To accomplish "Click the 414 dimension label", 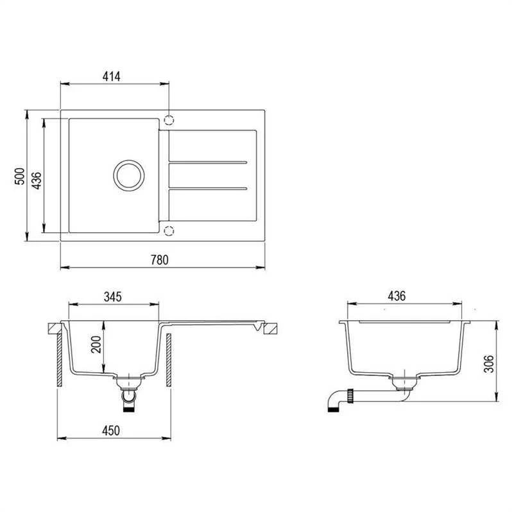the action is (112, 76).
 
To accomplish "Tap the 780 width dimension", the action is (160, 260).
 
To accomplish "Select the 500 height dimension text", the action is (20, 176).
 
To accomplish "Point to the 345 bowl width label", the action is (113, 297).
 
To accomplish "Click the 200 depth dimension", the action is (96, 345).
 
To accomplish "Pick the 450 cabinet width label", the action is (111, 431).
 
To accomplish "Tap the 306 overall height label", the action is (489, 364).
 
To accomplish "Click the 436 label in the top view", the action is (36, 180).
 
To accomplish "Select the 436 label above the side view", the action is (397, 296).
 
